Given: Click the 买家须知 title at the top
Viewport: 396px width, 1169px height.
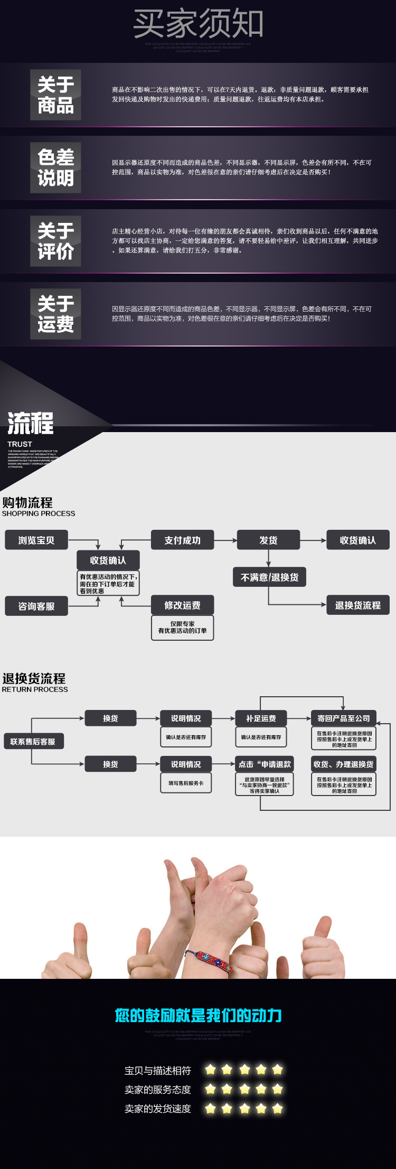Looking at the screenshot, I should click(x=198, y=23).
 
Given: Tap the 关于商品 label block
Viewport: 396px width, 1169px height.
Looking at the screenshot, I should click(x=55, y=95).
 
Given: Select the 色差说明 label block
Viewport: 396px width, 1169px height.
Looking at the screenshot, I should click(x=55, y=167).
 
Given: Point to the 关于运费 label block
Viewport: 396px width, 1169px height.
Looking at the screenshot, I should click(x=55, y=314).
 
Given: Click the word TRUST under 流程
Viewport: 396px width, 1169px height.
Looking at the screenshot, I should click(x=20, y=444).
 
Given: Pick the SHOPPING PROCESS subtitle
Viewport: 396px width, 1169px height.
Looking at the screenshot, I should click(x=39, y=513).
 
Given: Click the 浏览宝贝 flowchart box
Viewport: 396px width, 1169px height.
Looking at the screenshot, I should click(x=36, y=540).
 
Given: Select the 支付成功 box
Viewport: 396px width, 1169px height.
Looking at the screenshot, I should click(x=182, y=540).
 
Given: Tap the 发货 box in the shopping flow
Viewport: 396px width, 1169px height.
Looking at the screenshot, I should click(x=268, y=540).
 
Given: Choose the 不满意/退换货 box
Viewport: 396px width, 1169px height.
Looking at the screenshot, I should click(x=269, y=577).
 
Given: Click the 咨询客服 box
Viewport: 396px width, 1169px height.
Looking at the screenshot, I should click(x=36, y=606).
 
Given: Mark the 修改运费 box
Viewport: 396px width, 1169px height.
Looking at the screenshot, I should click(x=182, y=605).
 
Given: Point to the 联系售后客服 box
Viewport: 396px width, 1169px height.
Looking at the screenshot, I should click(x=33, y=742).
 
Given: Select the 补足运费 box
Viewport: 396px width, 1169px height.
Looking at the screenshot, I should click(x=261, y=718).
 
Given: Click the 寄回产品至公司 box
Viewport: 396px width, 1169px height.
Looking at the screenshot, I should click(x=343, y=718).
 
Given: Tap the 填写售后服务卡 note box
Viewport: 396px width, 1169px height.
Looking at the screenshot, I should click(x=186, y=783).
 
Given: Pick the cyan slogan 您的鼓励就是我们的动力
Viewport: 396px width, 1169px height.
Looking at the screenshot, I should click(x=198, y=1015).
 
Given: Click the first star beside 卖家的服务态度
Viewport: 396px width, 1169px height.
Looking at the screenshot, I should click(x=211, y=1089).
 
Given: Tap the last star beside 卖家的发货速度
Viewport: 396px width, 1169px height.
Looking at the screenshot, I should click(x=278, y=1109).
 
